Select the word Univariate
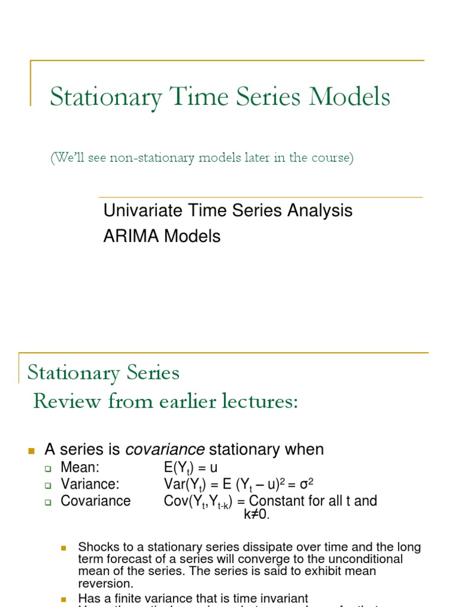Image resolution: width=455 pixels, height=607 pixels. (138, 210)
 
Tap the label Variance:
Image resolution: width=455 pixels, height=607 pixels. (90, 484)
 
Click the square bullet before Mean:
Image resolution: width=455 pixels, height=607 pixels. (49, 468)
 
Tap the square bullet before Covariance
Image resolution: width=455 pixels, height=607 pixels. (49, 501)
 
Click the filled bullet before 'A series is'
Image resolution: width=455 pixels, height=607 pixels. (33, 451)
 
